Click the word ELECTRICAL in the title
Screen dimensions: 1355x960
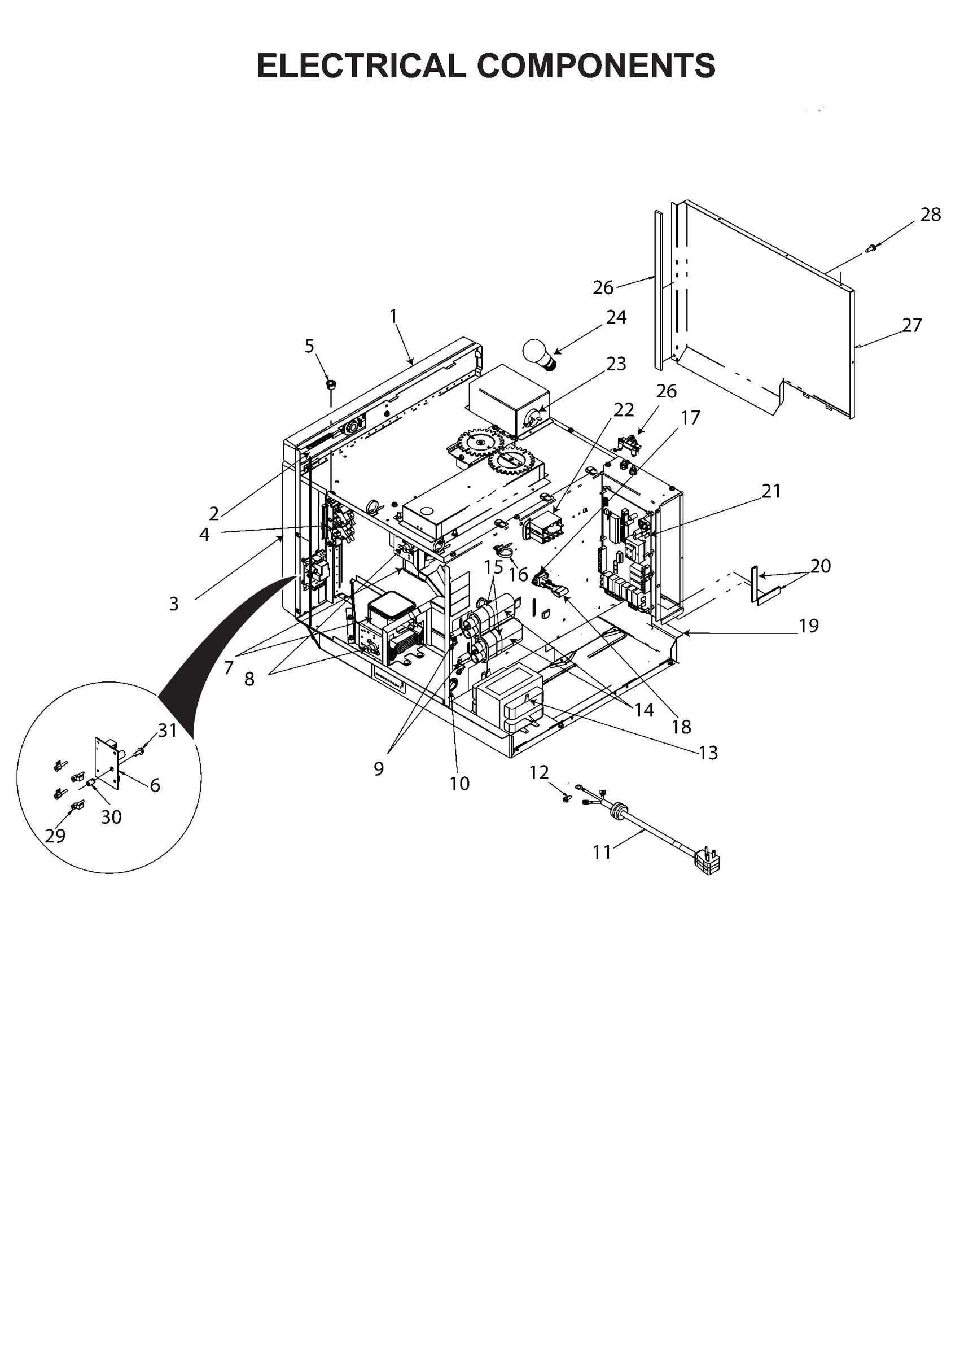(361, 65)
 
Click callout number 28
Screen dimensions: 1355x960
(931, 215)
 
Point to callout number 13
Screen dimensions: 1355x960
(708, 753)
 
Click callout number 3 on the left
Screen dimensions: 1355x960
(173, 604)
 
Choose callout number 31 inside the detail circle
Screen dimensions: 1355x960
(167, 731)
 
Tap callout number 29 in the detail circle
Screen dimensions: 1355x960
(55, 836)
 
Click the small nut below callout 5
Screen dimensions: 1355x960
(331, 385)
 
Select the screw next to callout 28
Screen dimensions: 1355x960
(871, 248)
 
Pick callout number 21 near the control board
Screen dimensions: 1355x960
(771, 491)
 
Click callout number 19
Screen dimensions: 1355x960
(808, 625)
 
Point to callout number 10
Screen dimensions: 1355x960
(459, 783)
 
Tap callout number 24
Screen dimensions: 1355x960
(616, 317)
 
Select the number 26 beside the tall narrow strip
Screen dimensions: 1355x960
(603, 287)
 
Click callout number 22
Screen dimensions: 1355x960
(624, 409)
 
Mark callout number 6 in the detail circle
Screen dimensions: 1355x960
(155, 785)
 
